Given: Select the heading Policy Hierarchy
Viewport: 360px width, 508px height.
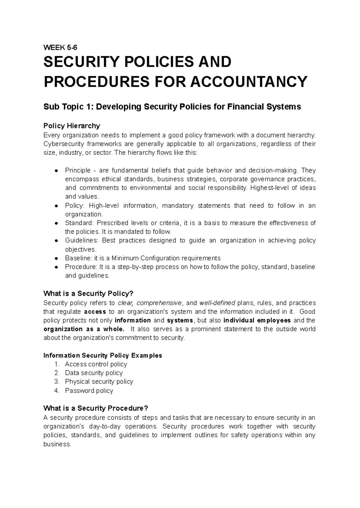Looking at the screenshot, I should click(72, 125).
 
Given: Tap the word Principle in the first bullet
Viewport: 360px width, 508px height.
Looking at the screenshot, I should click(78, 171).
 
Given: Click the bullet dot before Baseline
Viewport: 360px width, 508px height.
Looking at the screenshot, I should click(56, 258).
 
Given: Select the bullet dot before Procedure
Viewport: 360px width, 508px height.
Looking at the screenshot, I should click(56, 267).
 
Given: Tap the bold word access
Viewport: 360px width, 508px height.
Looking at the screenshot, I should click(95, 312).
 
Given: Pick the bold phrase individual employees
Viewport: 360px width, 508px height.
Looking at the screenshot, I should click(257, 320).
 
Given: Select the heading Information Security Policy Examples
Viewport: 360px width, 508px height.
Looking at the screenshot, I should click(103, 355).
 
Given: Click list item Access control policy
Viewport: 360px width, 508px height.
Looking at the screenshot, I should click(96, 364).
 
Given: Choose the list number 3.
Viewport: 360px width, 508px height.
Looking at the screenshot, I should click(57, 382).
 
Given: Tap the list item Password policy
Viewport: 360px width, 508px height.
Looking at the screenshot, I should click(89, 391).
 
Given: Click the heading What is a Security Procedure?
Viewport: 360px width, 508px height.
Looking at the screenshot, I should click(96, 408).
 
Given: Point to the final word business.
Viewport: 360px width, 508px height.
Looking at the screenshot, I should click(57, 444).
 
